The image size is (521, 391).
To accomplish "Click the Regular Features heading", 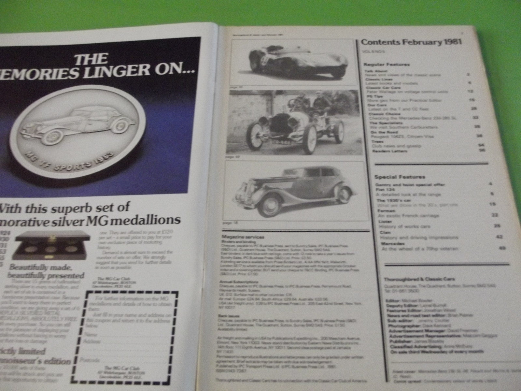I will pos(387,65).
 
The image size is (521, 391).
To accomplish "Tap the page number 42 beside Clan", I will pos(497,237).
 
